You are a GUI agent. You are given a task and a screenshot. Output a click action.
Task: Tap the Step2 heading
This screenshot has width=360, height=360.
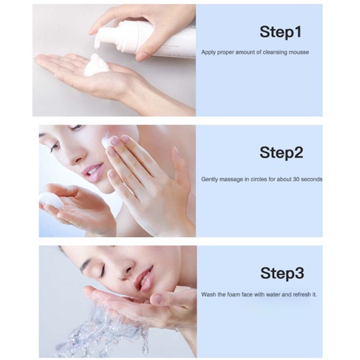(281, 153)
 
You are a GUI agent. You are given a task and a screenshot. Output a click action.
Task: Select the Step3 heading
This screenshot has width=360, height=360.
(282, 274)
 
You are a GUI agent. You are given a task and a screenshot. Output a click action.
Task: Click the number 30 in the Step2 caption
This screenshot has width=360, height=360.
(296, 179)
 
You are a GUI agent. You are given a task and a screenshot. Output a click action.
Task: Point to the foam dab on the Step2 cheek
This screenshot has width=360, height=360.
(107, 141)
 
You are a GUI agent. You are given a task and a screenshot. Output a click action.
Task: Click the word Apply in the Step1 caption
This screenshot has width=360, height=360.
(209, 53)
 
